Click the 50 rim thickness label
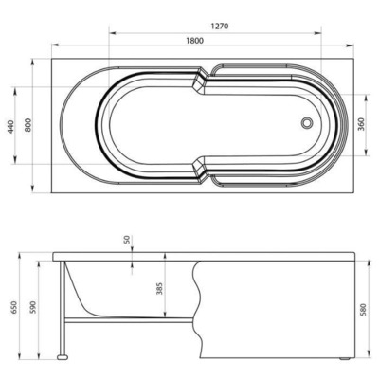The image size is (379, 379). click(x=125, y=239)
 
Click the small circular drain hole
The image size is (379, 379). click(x=306, y=123)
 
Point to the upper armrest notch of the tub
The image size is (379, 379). click(x=201, y=82)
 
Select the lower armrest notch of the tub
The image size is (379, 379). click(x=201, y=169)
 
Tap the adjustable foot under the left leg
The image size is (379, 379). click(x=63, y=356)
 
